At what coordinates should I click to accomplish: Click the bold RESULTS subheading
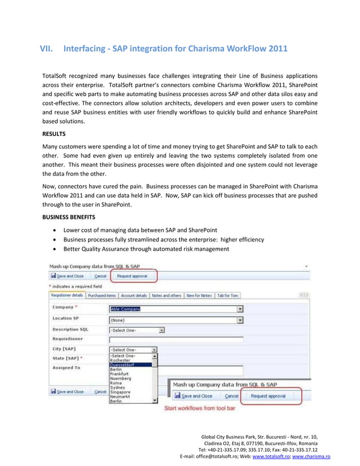pyautogui.click(x=55, y=134)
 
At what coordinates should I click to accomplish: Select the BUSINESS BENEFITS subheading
pyautogui.click(x=71, y=216)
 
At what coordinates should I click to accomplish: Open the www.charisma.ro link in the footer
pyautogui.click(x=311, y=456)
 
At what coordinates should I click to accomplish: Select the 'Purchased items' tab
pyautogui.click(x=102, y=295)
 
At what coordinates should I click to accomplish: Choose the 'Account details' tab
pyautogui.click(x=134, y=295)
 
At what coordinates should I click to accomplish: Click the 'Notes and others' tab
pyautogui.click(x=166, y=295)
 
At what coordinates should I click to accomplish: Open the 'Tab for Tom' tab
pyautogui.click(x=228, y=295)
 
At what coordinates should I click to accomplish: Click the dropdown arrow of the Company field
pyautogui.click(x=240, y=309)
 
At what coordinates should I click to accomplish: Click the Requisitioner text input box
pyautogui.click(x=175, y=340)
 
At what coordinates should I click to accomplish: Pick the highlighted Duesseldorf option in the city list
pyautogui.click(x=122, y=365)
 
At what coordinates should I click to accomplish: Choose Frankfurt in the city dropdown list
pyautogui.click(x=120, y=374)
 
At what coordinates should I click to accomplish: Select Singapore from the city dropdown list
pyautogui.click(x=121, y=392)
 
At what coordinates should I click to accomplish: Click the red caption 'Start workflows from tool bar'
pyautogui.click(x=199, y=408)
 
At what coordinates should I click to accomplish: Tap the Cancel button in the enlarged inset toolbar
pyautogui.click(x=232, y=396)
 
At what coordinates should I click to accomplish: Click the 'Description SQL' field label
pyautogui.click(x=70, y=329)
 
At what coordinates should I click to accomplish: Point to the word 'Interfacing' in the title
pyautogui.click(x=86, y=49)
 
